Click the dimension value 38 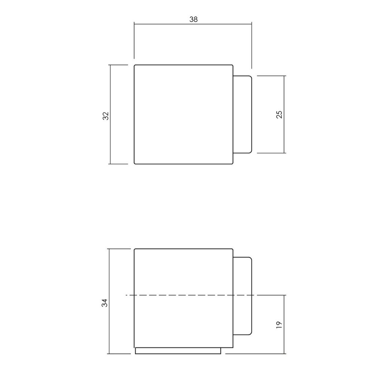tap(193, 20)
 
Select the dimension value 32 tap(105, 116)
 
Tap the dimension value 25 tap(279, 115)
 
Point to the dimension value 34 tap(105, 303)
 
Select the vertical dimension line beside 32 tap(110, 139)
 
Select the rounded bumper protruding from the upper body tap(243, 114)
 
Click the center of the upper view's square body tap(184, 115)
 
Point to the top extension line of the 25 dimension tap(271, 76)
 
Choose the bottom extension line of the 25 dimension tap(271, 153)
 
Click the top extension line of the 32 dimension tap(118, 65)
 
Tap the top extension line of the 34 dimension tap(120, 249)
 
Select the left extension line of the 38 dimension tap(134, 40)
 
